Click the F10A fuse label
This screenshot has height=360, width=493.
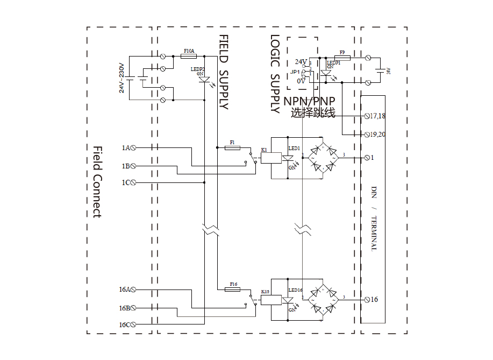tap(189, 51)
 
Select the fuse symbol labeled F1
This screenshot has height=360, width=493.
tap(232, 147)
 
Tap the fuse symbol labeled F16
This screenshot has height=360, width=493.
tap(232, 289)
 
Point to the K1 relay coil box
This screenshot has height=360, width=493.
tap(271, 158)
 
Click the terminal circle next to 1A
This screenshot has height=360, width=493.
tap(133, 147)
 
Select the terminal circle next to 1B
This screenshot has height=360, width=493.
tap(133, 166)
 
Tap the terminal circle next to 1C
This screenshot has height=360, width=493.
tap(133, 182)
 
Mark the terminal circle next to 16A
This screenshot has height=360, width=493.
tap(133, 290)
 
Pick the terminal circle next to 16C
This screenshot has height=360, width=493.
tap(133, 324)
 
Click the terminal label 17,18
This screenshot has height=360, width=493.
tap(377, 116)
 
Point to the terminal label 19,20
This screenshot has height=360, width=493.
tap(377, 134)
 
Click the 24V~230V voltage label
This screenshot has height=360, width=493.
tap(122, 77)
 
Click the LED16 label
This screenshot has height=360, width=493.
tap(295, 290)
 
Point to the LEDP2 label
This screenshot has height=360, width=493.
tap(197, 69)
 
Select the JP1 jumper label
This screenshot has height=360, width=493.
tap(295, 72)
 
